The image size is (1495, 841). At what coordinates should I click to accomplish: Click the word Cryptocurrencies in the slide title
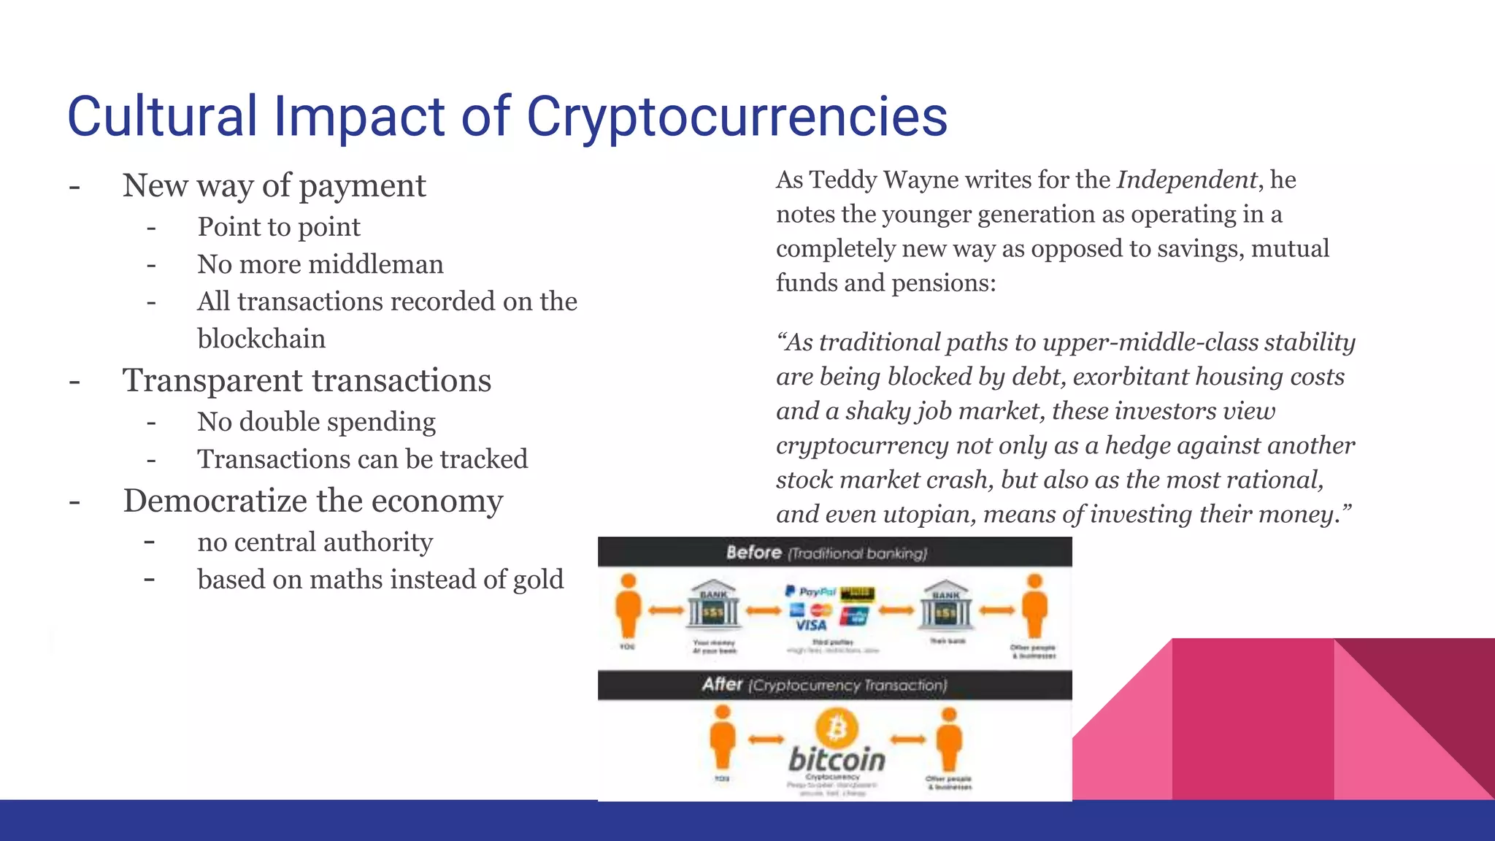[x=737, y=117]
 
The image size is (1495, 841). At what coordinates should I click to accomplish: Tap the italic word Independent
[x=1187, y=180]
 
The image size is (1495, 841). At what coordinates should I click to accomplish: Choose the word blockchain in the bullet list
[x=261, y=339]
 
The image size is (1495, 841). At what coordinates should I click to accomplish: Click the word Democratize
[x=215, y=501]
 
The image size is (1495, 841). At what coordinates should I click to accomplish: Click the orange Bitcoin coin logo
[x=837, y=729]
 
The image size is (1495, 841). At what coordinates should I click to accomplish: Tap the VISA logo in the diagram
[x=811, y=625]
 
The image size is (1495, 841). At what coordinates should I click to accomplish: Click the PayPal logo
[x=811, y=591]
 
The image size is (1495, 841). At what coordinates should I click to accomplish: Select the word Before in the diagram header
[x=753, y=553]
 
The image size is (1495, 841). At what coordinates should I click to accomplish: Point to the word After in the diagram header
[x=722, y=685]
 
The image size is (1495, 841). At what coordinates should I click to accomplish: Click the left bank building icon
[x=713, y=606]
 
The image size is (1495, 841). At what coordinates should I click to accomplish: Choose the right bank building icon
[x=946, y=606]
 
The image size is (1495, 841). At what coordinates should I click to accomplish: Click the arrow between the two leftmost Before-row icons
[x=666, y=610]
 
